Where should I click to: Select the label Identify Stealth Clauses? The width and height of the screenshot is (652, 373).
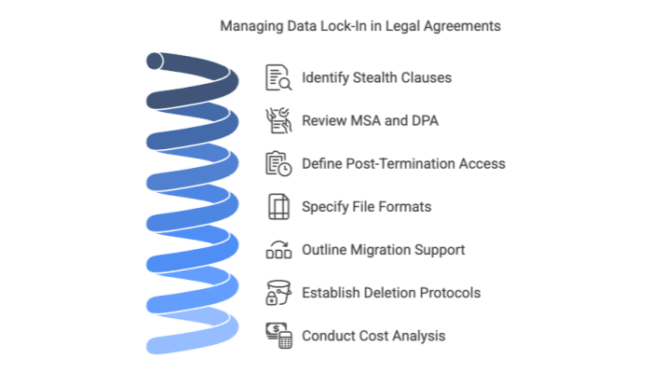pos(377,77)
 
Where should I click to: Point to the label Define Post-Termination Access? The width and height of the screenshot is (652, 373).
pos(403,163)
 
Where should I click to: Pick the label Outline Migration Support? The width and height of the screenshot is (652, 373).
pos(383,249)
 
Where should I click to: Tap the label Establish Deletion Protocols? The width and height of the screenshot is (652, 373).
pos(391,292)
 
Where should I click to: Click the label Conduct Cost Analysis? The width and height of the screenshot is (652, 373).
pos(374,335)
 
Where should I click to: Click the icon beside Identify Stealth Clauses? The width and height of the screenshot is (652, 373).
pos(278,77)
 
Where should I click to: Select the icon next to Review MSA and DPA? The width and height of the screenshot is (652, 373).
pos(278,119)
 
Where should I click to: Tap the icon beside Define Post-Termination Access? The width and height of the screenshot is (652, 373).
pos(278,163)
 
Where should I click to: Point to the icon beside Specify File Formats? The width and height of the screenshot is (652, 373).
pos(278,206)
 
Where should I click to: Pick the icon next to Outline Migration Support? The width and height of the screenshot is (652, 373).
pos(278,249)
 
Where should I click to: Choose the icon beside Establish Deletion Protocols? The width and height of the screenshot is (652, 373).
pos(278,292)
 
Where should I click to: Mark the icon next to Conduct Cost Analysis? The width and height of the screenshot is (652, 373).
pos(278,335)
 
